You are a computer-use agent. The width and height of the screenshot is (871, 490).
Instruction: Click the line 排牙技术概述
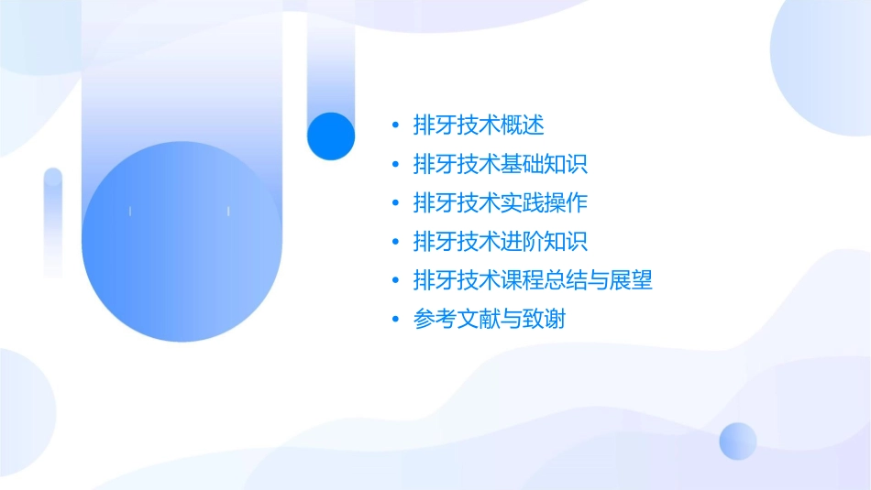coord(479,125)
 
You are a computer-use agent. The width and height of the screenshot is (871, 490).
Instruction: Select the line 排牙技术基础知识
coord(501,164)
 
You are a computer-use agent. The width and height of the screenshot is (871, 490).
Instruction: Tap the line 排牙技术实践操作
coord(501,202)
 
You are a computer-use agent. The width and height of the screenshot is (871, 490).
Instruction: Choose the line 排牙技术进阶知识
coord(501,242)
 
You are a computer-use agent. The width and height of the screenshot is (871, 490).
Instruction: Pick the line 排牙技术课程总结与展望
coord(533,280)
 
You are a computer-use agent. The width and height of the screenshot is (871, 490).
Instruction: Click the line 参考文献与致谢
coord(490,320)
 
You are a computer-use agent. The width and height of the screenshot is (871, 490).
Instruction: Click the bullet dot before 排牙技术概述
coord(395,125)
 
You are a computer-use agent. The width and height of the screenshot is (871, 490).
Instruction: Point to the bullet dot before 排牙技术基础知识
coord(395,165)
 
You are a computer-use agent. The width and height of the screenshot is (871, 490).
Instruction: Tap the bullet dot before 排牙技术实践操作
coord(395,203)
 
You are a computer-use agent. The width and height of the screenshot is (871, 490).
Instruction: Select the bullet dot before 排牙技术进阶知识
coord(395,243)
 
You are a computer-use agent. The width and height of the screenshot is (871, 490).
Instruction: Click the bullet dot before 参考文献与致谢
coord(395,321)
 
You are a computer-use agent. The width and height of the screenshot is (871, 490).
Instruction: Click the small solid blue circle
coord(331,136)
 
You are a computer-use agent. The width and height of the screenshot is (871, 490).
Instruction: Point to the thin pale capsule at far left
coord(53,223)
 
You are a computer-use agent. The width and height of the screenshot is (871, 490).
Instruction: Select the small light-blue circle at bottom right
coord(738,441)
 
